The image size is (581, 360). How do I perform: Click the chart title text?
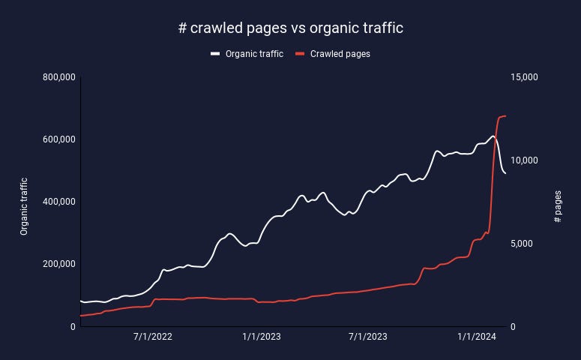tap(290, 28)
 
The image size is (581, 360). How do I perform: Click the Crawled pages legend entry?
tap(340, 54)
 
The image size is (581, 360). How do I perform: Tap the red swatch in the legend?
tap(300, 54)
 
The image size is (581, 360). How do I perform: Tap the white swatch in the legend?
tap(215, 54)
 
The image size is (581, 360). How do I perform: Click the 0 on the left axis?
tap(72, 326)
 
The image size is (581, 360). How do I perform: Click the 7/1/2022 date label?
tap(153, 337)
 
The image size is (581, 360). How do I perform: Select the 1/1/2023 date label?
tap(261, 337)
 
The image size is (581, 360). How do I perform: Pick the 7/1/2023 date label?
tap(368, 337)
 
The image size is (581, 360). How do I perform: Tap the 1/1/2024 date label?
tap(477, 337)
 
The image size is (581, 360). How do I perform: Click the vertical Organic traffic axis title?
tap(24, 206)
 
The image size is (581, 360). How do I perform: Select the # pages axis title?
tap(558, 206)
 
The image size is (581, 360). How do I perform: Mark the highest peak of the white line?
tap(493, 136)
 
